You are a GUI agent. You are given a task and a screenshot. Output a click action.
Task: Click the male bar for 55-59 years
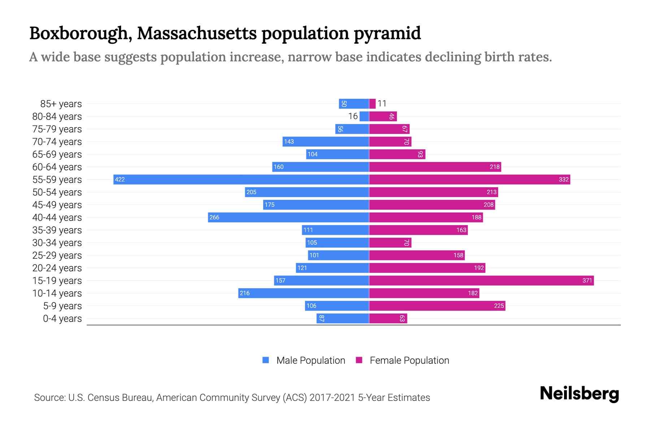click(x=241, y=179)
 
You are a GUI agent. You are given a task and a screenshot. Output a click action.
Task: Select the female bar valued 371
click(x=481, y=280)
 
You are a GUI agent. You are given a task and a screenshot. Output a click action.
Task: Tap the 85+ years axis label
click(x=61, y=104)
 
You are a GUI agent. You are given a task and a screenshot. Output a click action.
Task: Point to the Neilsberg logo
click(x=579, y=394)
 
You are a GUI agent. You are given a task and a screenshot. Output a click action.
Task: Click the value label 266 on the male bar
click(x=214, y=217)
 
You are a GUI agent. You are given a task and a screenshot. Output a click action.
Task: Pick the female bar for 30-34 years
click(x=390, y=242)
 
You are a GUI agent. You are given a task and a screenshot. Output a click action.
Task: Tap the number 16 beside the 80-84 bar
click(x=353, y=116)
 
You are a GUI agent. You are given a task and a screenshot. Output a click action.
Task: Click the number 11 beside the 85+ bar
click(x=382, y=104)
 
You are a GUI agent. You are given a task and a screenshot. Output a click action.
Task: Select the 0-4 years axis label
click(x=62, y=319)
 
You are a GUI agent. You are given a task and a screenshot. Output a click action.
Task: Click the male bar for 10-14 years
click(x=303, y=293)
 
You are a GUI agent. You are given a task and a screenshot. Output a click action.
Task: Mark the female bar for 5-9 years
click(x=437, y=306)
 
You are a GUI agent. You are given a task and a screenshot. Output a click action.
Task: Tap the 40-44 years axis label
click(x=57, y=218)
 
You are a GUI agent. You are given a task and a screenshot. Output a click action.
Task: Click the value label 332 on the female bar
click(x=563, y=179)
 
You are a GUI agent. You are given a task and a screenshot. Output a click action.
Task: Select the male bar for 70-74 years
click(x=325, y=141)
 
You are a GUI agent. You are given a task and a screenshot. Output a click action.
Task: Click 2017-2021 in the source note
click(x=332, y=398)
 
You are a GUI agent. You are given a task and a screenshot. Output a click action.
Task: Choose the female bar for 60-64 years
click(x=435, y=167)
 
